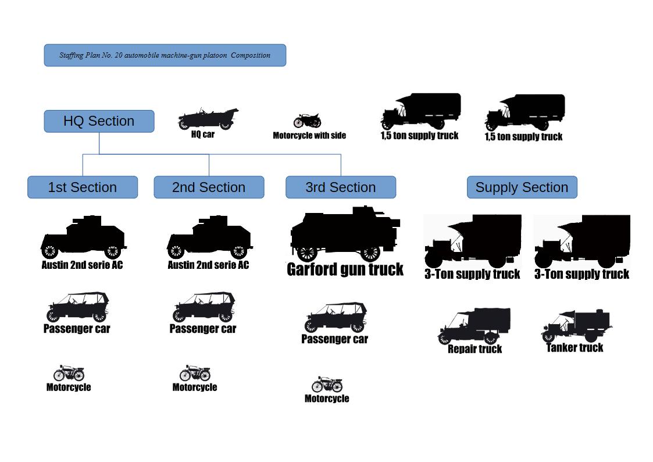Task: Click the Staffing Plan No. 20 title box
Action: click(x=165, y=55)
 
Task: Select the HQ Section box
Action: click(x=99, y=121)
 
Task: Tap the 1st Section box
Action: click(x=83, y=187)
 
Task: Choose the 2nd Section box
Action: click(x=209, y=187)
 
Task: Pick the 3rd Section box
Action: click(x=341, y=187)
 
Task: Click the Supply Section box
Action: click(x=522, y=187)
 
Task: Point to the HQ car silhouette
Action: click(x=208, y=119)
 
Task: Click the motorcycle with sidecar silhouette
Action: click(x=307, y=121)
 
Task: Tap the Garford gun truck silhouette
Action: click(x=345, y=234)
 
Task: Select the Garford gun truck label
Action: click(x=345, y=269)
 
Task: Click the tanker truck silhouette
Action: click(x=576, y=326)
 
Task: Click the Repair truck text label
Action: click(x=474, y=349)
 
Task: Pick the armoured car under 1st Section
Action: click(x=83, y=237)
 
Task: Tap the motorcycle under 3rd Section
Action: click(x=327, y=385)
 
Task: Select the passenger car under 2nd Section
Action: click(x=204, y=307)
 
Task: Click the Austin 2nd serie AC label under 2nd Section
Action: click(x=208, y=265)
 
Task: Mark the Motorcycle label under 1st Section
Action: click(x=69, y=388)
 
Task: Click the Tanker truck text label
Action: click(x=575, y=348)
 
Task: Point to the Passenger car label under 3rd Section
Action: click(x=334, y=339)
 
